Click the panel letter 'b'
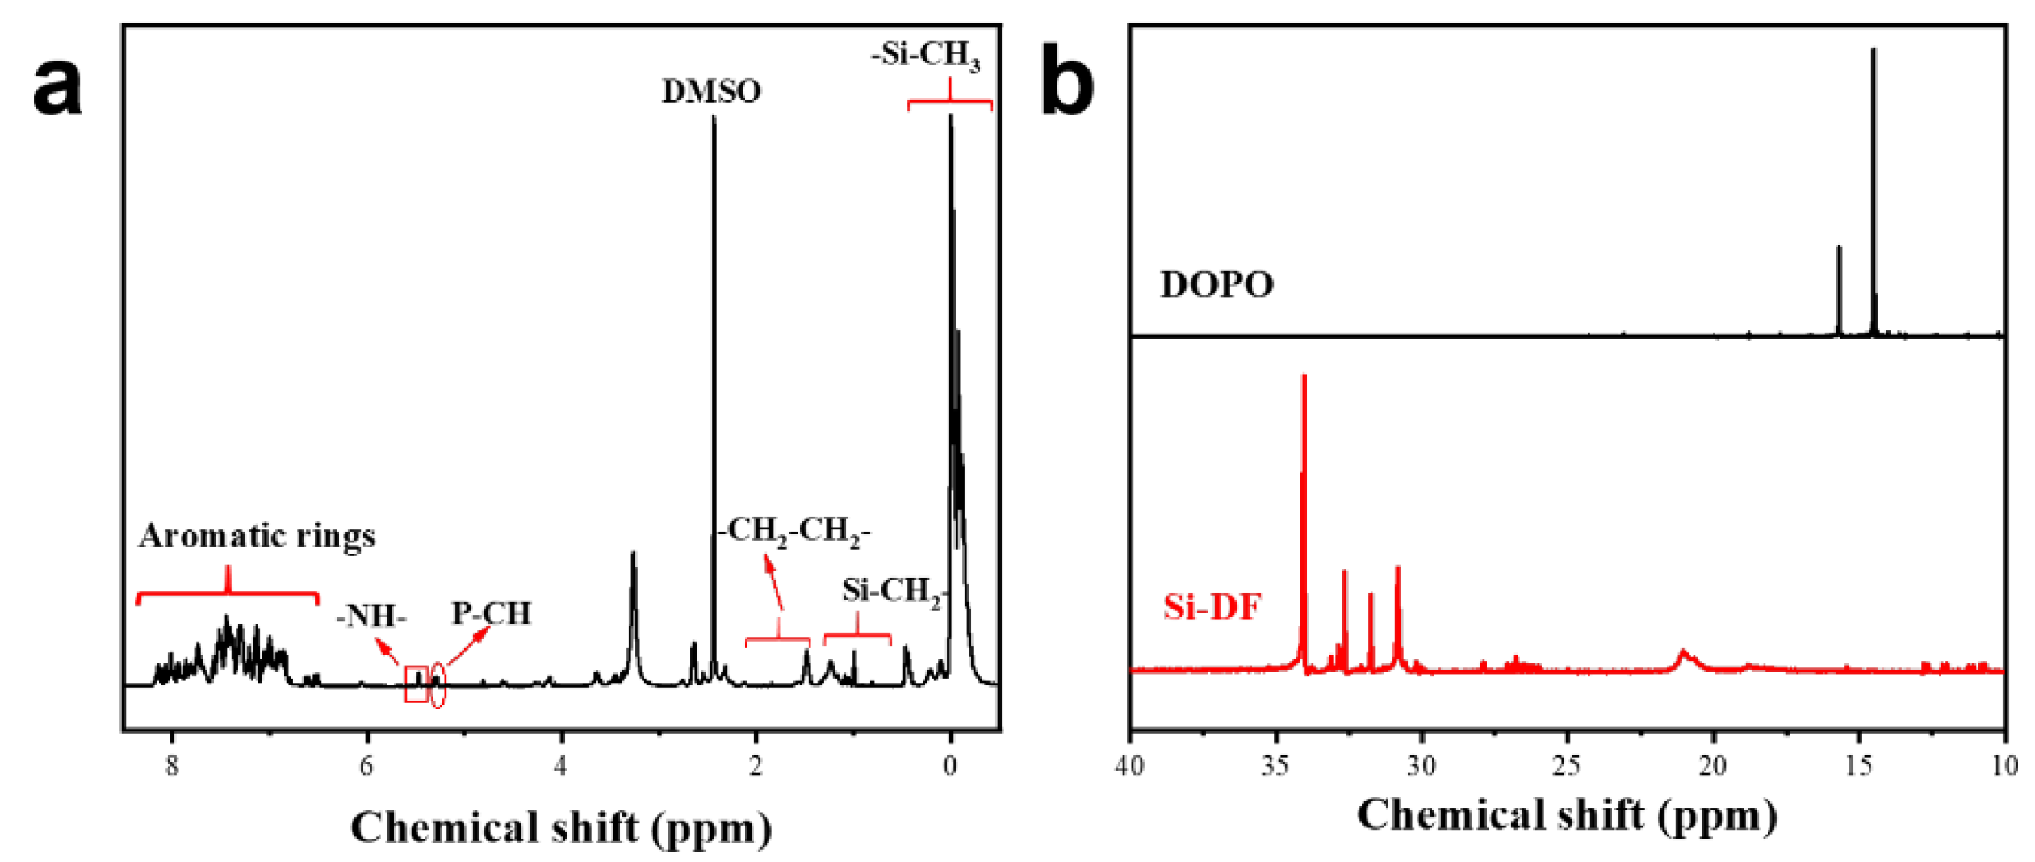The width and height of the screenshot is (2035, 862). pos(1066,81)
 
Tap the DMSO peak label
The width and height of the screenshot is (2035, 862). pos(711,91)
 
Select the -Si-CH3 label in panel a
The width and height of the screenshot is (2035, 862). pos(925,55)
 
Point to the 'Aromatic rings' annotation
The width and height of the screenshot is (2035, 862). pos(257,536)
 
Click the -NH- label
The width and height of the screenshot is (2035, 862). pos(371,617)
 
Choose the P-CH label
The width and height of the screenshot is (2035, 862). pos(491,613)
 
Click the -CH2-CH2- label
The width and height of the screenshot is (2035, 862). pos(794,531)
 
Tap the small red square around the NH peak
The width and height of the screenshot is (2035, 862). pos(416,684)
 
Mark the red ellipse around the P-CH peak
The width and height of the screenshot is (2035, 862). pos(437,685)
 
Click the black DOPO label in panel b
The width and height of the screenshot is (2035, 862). pos(1216,285)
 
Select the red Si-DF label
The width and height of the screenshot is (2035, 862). pos(1212,607)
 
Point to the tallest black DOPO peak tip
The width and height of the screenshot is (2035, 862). pos(1873,51)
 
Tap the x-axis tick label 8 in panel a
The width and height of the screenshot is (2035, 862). pos(172,765)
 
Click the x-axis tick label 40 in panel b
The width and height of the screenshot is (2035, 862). pos(1129,765)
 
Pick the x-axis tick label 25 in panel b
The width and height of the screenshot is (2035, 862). pos(1567,765)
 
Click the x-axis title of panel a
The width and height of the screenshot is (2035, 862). pos(561,827)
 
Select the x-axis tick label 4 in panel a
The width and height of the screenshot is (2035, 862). pos(561,765)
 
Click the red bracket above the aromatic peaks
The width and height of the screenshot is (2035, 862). pos(228,594)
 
